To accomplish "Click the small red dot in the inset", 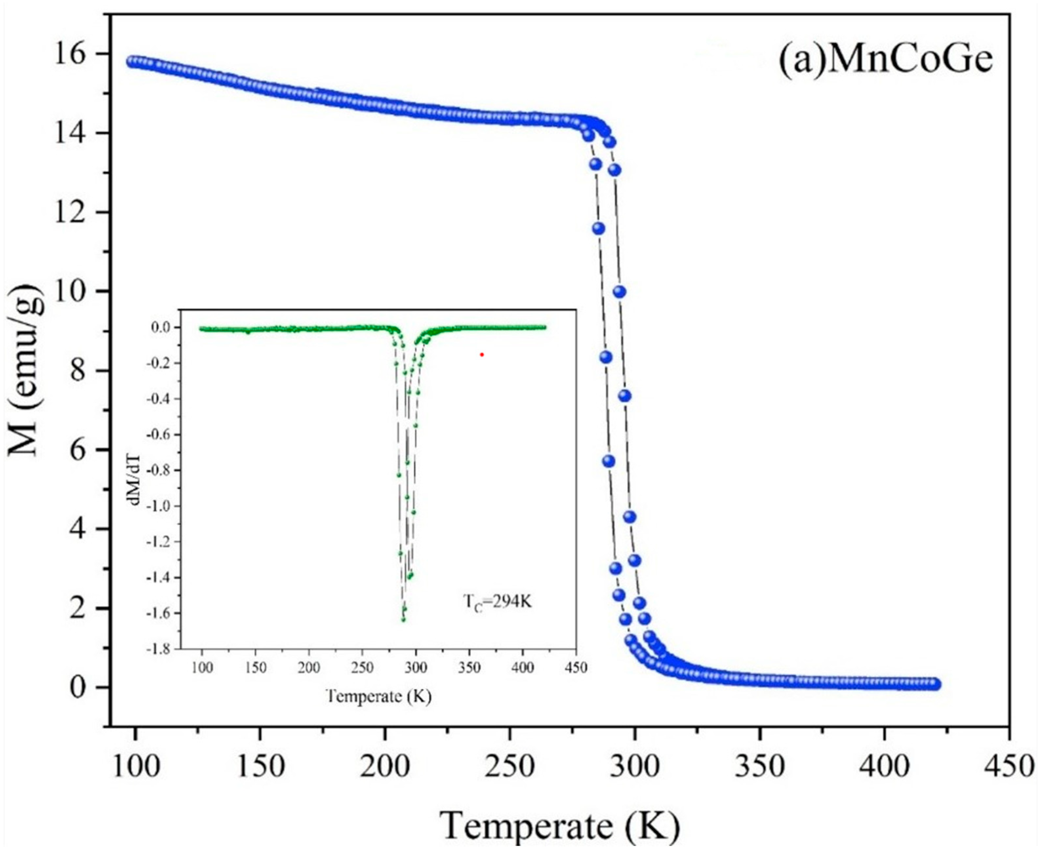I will click(x=482, y=354).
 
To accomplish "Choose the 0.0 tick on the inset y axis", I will click(x=162, y=328).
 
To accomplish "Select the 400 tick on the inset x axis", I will click(x=522, y=668).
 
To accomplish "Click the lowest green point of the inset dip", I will click(x=403, y=619).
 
